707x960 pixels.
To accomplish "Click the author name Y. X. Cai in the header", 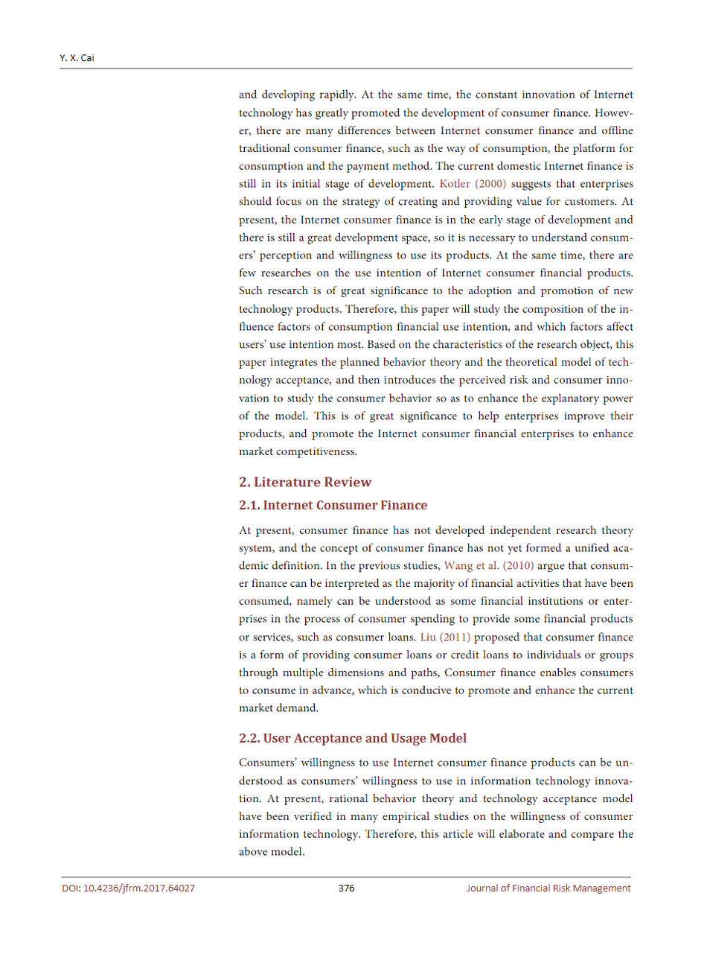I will (77, 58).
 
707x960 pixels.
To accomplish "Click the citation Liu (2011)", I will (445, 638).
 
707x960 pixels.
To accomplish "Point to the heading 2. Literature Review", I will (305, 482).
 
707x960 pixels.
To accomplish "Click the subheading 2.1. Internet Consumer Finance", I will (333, 505).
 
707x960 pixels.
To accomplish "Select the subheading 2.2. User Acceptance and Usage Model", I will (353, 738).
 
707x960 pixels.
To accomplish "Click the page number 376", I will (346, 888).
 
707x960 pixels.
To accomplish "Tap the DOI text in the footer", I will (128, 888).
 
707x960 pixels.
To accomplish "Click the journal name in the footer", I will (548, 888).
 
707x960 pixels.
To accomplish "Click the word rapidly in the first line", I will (336, 95).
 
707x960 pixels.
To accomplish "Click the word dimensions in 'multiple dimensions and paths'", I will (358, 673).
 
